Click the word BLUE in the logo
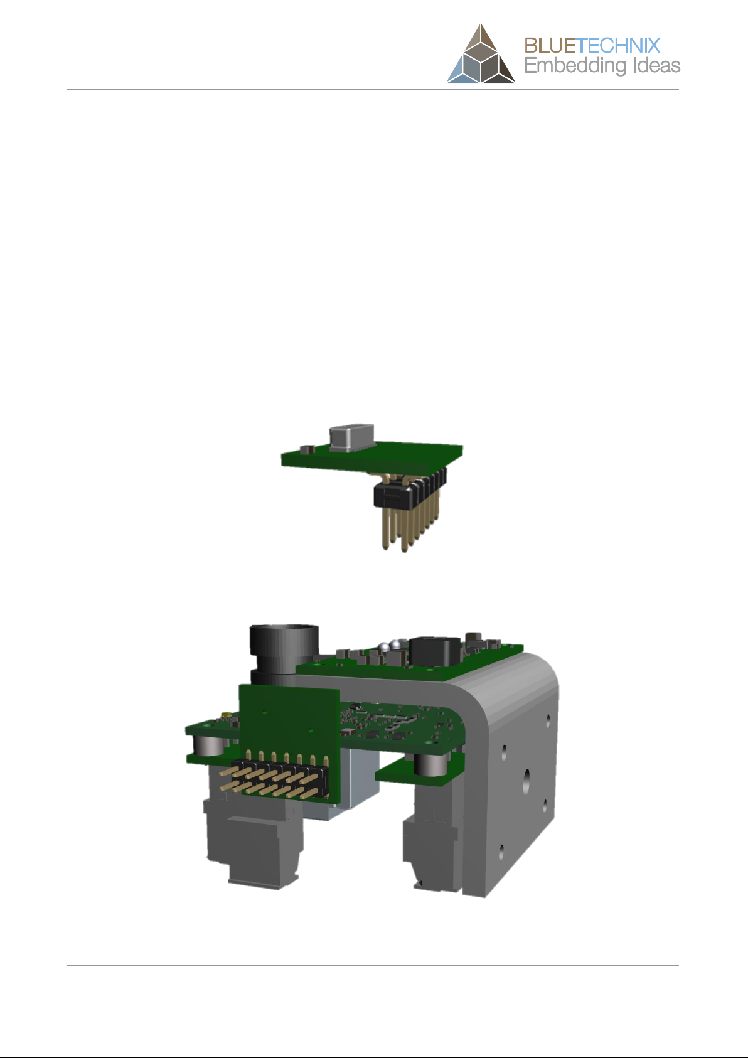pyautogui.click(x=550, y=46)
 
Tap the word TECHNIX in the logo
pyautogui.click(x=619, y=46)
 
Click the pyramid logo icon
pyautogui.click(x=481, y=54)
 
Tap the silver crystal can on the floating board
pyautogui.click(x=352, y=438)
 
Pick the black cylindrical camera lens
pyautogui.click(x=284, y=653)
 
